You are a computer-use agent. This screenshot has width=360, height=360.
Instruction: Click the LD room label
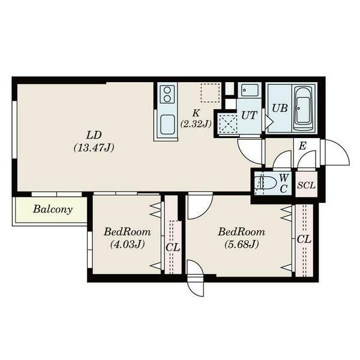pos(94,134)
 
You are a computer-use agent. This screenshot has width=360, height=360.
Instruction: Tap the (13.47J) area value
pos(94,146)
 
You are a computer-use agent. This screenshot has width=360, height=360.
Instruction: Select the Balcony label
pos(52,209)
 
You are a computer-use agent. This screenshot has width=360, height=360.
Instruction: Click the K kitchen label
pos(196,113)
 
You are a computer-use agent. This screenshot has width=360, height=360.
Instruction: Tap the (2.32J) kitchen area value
pos(196,124)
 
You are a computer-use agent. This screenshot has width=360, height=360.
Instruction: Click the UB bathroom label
pos(279,109)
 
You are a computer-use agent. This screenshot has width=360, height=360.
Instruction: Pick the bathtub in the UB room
pos(303,109)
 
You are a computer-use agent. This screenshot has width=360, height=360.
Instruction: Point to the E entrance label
pos(302,146)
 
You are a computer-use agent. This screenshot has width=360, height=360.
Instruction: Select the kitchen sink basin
pos(166,124)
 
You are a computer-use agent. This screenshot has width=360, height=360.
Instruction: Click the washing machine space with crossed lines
pos(228,124)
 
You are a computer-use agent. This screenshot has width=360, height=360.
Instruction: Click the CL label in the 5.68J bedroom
pos(304,239)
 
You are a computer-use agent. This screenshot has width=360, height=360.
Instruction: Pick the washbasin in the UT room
pos(248,91)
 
